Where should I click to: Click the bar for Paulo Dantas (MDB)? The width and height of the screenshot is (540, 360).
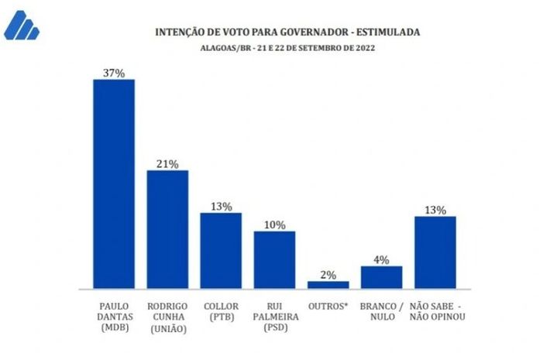pos(114,183)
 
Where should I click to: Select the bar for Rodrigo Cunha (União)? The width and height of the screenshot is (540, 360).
pos(167,229)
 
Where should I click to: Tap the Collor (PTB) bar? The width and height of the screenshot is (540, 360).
pos(221,250)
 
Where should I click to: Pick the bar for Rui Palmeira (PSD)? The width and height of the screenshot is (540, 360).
pos(274,259)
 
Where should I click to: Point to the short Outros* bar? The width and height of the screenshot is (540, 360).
pos(328,284)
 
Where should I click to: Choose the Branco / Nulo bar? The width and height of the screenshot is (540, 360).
pos(381,276)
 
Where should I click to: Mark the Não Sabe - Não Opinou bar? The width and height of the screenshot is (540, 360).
pos(435,252)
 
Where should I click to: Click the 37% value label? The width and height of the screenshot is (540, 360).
pos(114,72)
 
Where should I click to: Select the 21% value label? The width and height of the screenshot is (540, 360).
pos(167,163)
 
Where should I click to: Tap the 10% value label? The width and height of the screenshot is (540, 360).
pos(274,225)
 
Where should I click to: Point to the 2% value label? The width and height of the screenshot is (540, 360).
pos(328,274)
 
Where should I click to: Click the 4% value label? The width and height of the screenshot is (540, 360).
pos(381,259)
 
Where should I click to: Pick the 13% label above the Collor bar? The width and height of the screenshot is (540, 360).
pos(221,206)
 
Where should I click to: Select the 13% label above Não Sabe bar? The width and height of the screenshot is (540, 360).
pos(435,210)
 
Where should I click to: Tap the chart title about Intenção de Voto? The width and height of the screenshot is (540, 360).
pos(287,33)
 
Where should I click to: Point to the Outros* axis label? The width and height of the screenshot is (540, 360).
pos(328,306)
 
